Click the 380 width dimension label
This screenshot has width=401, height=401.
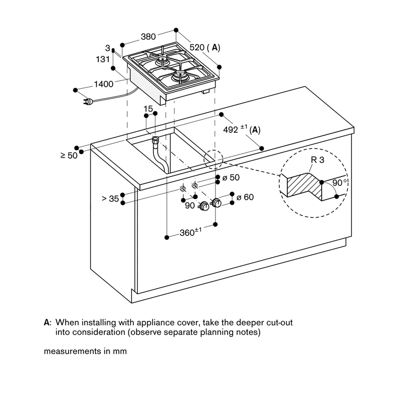coord(148,37)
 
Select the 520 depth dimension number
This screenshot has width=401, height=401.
coord(197,47)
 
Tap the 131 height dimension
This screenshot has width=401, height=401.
coord(103,59)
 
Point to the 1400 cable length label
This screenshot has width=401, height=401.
coord(104,84)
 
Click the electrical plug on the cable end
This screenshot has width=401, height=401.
coord(87,102)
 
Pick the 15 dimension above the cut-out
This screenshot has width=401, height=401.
coord(148,109)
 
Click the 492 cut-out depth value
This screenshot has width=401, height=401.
coord(231,130)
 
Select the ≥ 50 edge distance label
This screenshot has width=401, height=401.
coord(69,155)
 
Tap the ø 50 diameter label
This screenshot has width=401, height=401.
coord(231,177)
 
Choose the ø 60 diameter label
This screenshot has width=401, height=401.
coord(245,197)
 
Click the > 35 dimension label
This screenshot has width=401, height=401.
coord(110,198)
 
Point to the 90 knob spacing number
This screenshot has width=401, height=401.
coord(190,206)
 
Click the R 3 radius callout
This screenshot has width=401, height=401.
coord(317,160)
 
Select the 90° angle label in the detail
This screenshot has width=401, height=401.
coord(340,182)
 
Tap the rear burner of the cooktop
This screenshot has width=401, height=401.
coord(162,60)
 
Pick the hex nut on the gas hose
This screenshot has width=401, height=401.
coord(155,140)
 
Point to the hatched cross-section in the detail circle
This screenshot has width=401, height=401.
coord(304,185)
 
